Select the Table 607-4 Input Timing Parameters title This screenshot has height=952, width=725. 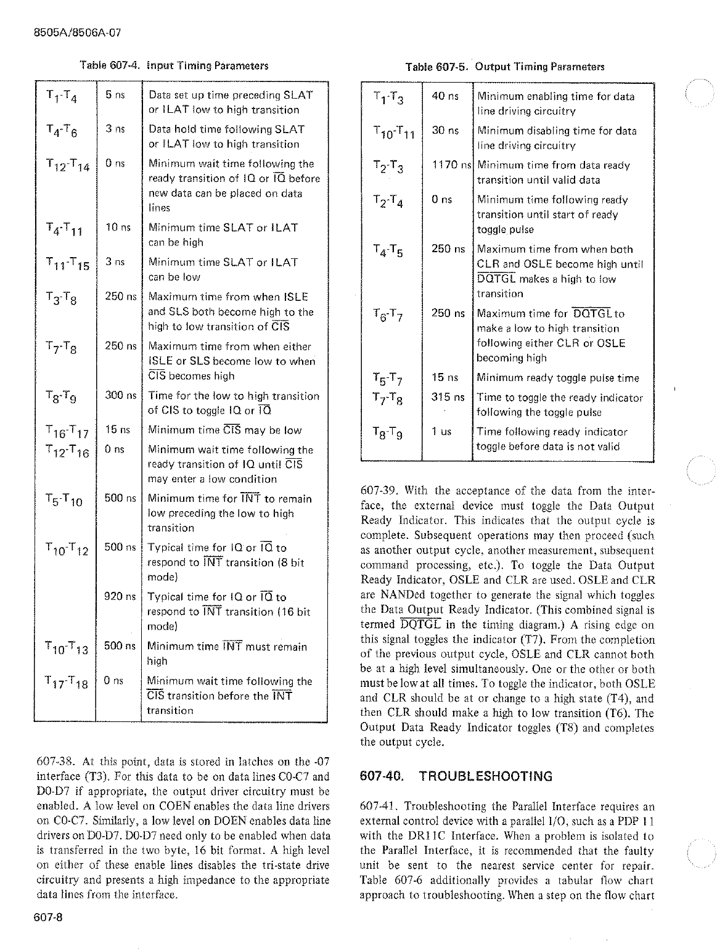click(x=174, y=66)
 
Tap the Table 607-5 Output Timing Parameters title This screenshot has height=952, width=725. click(x=504, y=67)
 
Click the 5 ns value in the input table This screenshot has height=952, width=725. click(x=115, y=95)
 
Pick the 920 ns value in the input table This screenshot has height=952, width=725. click(x=120, y=596)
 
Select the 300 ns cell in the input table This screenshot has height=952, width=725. click(x=120, y=395)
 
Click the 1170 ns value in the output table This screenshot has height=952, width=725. click(x=451, y=165)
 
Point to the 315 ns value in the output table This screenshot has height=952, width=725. click(x=448, y=398)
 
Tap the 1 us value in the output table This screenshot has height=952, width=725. click(x=441, y=432)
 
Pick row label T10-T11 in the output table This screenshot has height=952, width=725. click(x=394, y=133)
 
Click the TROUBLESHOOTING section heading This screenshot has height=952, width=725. click(x=485, y=776)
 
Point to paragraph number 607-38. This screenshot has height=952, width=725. click(x=57, y=761)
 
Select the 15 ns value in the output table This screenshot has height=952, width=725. click(x=445, y=377)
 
